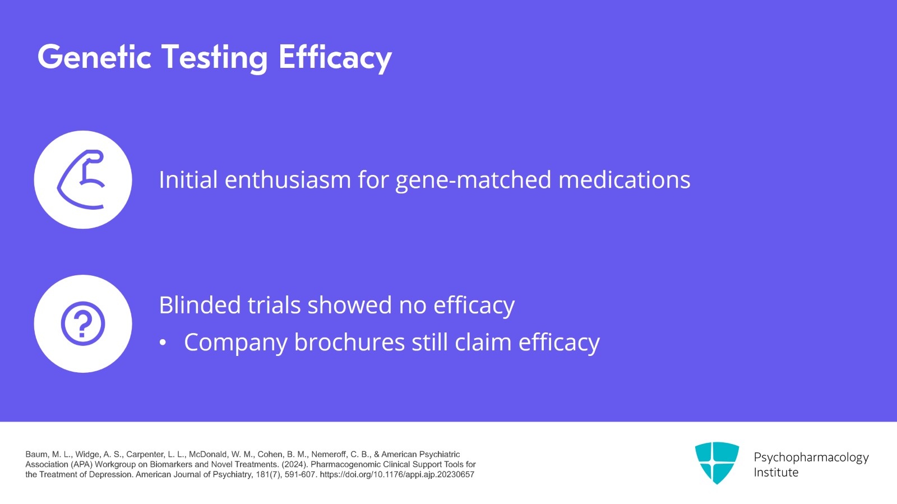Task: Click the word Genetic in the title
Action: point(94,57)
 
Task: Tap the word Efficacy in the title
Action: point(335,57)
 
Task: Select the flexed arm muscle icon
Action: point(83,179)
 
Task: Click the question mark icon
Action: point(83,323)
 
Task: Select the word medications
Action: point(624,180)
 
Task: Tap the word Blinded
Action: point(200,305)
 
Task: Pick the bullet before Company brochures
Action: point(163,343)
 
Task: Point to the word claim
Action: point(483,343)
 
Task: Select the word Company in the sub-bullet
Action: point(235,343)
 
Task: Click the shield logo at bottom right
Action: point(716,463)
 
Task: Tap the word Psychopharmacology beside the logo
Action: point(811,457)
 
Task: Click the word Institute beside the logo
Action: point(776,473)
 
